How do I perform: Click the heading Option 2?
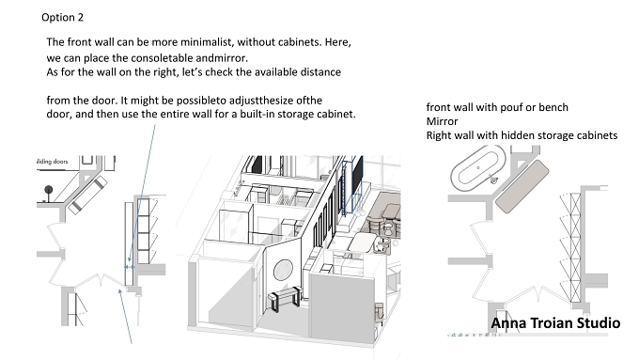[x=62, y=18]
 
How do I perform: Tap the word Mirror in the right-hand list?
[x=443, y=121]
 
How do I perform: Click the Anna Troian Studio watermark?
[x=555, y=323]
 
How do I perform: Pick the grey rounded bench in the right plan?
[x=522, y=186]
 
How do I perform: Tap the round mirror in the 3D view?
[x=283, y=270]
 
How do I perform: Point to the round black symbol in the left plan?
[x=49, y=190]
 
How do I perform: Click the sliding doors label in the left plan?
[x=53, y=162]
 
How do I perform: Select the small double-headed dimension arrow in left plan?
[x=130, y=267]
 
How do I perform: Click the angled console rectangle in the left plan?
[x=87, y=195]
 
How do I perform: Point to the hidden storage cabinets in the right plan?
[x=570, y=247]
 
